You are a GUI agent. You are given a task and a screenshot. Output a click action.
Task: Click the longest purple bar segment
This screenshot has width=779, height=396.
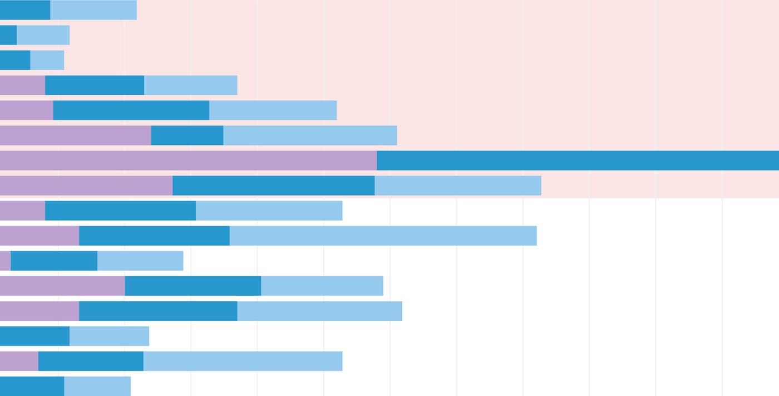(188, 160)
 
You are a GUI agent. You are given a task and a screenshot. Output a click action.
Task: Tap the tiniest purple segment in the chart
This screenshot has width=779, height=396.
(5, 261)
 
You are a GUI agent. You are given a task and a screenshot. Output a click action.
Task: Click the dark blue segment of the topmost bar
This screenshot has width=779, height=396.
(25, 10)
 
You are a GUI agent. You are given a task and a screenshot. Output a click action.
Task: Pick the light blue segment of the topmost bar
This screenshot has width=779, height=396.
(93, 10)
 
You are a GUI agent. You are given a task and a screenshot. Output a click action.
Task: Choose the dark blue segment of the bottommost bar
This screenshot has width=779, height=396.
(32, 386)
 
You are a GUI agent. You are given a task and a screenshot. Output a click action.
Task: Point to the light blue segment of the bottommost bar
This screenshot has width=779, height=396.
(97, 386)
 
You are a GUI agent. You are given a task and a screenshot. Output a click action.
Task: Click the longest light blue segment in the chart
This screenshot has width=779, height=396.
(383, 236)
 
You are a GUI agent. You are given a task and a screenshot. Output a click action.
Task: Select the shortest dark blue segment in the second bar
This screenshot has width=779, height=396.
(8, 35)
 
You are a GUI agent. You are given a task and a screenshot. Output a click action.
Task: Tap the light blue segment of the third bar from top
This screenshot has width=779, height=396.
(47, 60)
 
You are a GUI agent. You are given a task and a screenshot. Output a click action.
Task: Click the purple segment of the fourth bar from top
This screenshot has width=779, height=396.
(22, 85)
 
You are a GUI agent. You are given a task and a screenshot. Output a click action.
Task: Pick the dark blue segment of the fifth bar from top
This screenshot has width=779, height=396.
(131, 110)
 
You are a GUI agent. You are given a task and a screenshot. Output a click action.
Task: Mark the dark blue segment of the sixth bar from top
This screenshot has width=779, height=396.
(187, 135)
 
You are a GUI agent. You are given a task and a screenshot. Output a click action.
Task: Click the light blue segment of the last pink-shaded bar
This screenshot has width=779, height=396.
(457, 185)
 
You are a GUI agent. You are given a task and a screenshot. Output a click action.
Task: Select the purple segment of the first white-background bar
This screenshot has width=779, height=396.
(22, 211)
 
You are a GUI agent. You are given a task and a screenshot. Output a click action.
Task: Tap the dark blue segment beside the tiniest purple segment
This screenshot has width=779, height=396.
(54, 261)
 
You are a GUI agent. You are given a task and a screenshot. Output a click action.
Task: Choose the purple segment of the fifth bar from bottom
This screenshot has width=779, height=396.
(62, 286)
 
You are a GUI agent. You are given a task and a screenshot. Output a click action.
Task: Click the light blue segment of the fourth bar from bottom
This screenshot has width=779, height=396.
(319, 311)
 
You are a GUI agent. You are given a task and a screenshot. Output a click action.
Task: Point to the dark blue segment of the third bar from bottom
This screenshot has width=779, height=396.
(34, 336)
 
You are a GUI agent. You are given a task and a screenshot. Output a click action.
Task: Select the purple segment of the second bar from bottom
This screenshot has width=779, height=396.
(19, 361)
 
